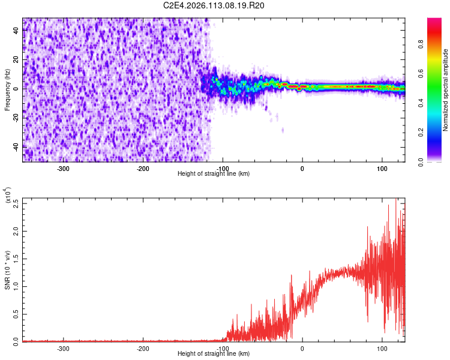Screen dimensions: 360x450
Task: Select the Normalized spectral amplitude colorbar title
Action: tap(446, 90)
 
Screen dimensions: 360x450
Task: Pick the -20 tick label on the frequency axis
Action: tap(16, 118)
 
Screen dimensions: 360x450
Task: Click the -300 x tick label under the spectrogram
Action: tap(64, 169)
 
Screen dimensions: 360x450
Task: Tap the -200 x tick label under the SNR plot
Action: tap(143, 348)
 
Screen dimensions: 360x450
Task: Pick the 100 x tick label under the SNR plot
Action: tap(382, 348)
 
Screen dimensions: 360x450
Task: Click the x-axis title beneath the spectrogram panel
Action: tap(214, 174)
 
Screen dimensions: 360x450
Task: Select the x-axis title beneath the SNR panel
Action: tap(214, 353)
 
